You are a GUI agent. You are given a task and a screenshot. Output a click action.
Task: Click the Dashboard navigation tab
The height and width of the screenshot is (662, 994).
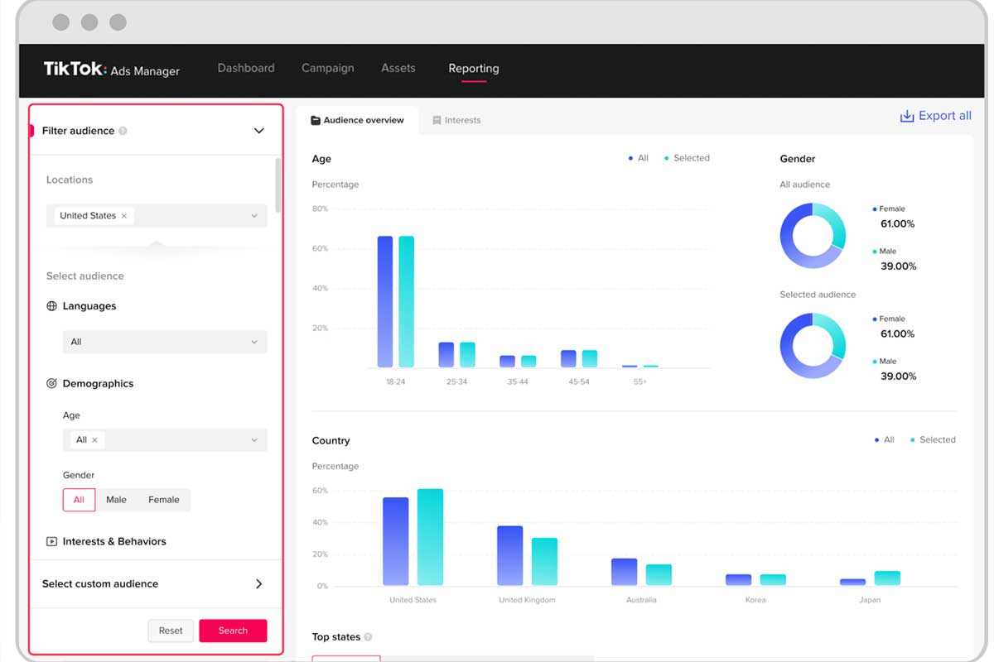[x=246, y=68]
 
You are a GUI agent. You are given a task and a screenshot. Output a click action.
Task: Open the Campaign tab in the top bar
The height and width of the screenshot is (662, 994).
[x=327, y=68]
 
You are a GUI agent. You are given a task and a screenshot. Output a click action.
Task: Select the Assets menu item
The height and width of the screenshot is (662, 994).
[x=398, y=68]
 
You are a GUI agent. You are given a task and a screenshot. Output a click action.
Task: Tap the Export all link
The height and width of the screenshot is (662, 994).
[x=935, y=116]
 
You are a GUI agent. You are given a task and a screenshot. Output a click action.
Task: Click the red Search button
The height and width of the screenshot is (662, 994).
[x=233, y=630]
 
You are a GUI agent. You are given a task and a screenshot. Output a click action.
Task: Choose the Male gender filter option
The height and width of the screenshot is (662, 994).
[x=116, y=500]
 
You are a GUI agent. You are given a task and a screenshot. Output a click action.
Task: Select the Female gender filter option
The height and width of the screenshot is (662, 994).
[x=164, y=500]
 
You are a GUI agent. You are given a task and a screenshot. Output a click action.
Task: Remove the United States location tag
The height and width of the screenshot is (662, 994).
[x=124, y=216]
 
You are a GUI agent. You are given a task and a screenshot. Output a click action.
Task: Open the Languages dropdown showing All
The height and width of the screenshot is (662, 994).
[x=165, y=342]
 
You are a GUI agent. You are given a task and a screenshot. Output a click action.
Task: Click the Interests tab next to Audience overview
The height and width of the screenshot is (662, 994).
[x=456, y=120]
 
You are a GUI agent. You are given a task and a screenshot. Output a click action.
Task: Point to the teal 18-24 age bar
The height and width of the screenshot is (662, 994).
[x=407, y=301]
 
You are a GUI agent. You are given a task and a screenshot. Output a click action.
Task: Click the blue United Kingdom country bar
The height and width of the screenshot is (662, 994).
[x=510, y=555]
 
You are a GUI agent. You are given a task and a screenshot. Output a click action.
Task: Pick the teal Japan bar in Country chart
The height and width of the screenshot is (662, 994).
[x=887, y=578]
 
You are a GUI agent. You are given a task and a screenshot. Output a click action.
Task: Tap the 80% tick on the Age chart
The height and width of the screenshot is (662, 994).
[x=320, y=209]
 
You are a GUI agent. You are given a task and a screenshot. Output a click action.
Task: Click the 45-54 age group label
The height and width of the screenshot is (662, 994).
[x=579, y=381]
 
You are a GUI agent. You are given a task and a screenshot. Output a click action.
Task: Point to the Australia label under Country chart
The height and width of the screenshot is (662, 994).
[x=641, y=600]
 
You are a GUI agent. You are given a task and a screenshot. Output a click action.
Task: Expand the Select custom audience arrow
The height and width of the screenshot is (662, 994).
[x=259, y=583]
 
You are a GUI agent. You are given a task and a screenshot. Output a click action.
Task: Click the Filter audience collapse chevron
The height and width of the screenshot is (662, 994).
[x=259, y=131]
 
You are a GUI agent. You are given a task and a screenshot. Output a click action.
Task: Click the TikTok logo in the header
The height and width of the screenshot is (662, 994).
[x=75, y=69]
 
